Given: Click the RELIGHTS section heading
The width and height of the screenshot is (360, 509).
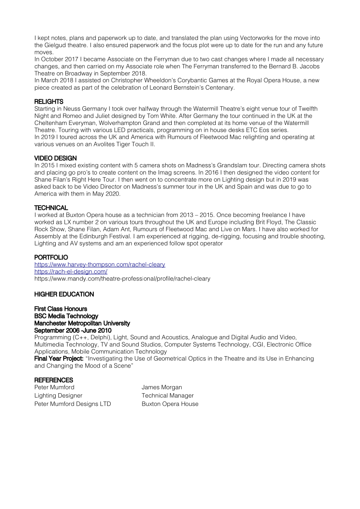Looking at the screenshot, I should point(49,101).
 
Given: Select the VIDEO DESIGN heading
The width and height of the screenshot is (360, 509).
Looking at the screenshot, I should point(55,158).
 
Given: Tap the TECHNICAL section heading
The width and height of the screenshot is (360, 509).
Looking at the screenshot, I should point(51,208).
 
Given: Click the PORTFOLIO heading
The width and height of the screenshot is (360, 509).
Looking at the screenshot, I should point(51,257).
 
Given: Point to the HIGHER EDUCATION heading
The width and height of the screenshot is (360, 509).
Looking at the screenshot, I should point(64,294).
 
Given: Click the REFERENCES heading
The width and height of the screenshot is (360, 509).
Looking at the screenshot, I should point(54,380).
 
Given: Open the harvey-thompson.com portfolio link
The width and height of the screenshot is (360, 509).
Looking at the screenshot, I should point(100,265).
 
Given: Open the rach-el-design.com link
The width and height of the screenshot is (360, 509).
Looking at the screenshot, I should point(71,272).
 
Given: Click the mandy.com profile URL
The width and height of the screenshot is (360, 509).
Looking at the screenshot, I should point(122,279).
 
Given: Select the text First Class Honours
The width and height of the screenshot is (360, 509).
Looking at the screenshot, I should point(61,309).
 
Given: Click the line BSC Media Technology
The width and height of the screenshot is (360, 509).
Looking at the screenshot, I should point(66,316).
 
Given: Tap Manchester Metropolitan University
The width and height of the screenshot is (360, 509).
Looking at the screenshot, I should point(82,323).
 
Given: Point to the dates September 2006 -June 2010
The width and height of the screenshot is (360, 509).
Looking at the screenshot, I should point(73,330).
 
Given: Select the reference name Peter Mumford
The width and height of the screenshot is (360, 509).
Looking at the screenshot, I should point(54,387).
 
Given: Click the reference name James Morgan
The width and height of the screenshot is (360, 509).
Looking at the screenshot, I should point(162,387).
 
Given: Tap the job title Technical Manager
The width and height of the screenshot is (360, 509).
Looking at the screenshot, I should point(167,395).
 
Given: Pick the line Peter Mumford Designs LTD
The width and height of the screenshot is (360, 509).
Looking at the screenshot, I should point(73,404).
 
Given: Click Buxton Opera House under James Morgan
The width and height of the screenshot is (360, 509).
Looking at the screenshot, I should point(170,404).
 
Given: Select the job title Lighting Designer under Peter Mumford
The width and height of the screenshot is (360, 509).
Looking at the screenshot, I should point(58,395).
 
